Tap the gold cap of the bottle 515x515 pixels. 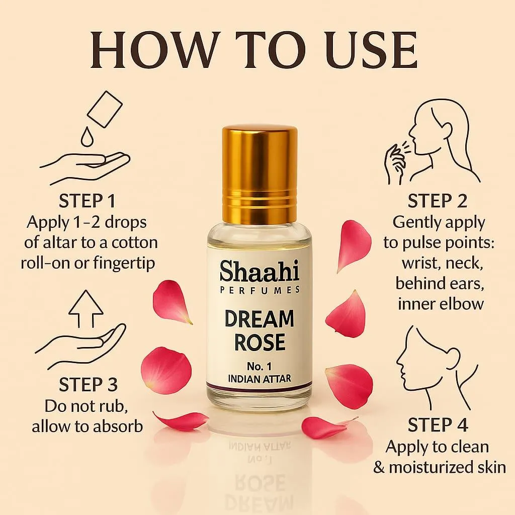point(260,174)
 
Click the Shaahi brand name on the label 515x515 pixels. point(260,271)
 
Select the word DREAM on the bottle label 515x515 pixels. point(260,318)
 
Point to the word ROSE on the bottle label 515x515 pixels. point(260,342)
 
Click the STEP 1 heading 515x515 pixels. point(88,201)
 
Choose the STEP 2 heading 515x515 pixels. point(438,201)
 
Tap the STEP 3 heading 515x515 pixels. point(88,385)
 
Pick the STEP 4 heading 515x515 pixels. point(438,425)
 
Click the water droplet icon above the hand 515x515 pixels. point(88,137)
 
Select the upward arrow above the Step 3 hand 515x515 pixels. point(85,308)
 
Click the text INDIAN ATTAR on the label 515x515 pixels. point(260,379)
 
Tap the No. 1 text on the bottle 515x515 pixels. point(260,366)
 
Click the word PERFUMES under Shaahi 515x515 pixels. point(260,290)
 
